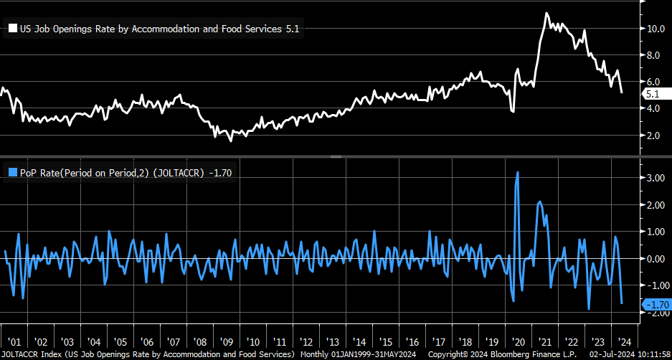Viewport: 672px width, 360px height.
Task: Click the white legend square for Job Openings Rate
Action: [13, 29]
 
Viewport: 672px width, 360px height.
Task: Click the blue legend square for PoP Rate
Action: [13, 172]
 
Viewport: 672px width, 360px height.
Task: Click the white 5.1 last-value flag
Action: [653, 94]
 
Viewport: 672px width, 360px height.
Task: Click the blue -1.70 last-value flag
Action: [657, 305]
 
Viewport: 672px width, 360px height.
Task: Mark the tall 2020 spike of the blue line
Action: [517, 172]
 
